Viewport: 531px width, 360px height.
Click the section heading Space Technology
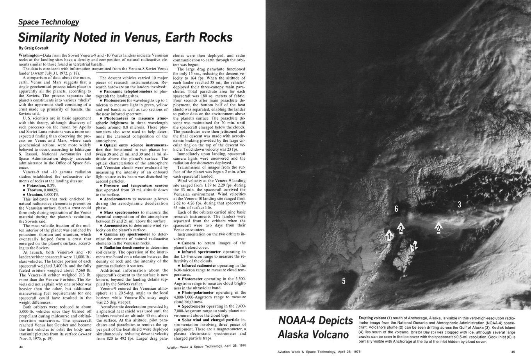tap(49, 22)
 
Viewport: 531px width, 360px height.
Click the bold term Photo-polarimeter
tap(198, 292)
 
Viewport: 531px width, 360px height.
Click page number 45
tap(513, 351)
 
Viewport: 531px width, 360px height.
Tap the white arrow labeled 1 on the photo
tap(389, 235)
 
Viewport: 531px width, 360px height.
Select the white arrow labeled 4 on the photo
tap(413, 246)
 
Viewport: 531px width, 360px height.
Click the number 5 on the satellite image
tap(344, 281)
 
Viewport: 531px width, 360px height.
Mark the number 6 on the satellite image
tap(396, 209)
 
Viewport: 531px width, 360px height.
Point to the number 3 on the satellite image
tap(460, 204)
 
